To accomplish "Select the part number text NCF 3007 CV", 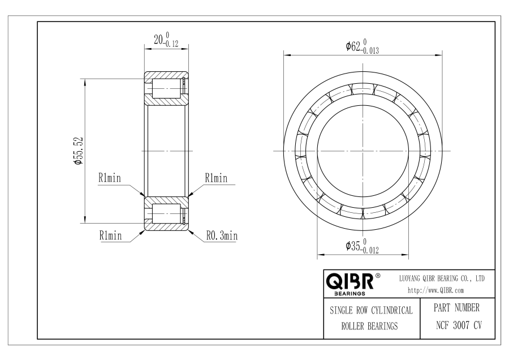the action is point(459,325).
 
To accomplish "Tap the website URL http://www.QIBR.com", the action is point(435,290).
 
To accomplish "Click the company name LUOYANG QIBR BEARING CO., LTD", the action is point(442,278).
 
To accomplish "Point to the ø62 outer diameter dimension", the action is point(362,46).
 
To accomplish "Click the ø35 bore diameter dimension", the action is point(362,246).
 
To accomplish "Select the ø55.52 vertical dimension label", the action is point(79,151).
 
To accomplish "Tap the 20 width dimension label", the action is point(166,40).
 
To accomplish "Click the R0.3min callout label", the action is point(222,235).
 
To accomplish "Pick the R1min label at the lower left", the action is point(110,235).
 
